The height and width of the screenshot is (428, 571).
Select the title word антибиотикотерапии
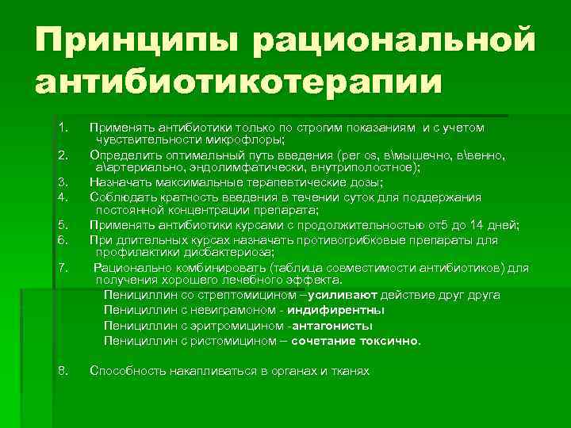238,82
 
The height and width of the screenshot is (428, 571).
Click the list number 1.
63,127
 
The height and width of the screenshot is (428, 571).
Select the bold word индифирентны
336,310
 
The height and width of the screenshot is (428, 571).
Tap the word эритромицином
227,326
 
